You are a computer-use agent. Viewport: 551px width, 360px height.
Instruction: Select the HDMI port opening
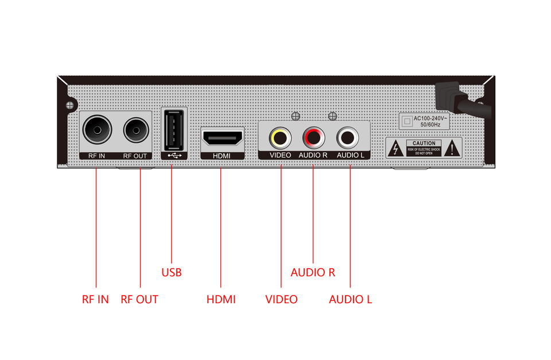click(222, 138)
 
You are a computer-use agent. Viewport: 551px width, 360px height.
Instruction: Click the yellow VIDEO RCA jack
click(280, 138)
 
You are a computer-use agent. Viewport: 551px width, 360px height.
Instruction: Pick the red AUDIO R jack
click(313, 138)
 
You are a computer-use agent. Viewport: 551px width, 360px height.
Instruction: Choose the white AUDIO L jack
click(347, 138)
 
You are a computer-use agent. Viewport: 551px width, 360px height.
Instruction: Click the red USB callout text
click(171, 272)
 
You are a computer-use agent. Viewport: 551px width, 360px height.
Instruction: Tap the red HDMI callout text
click(221, 299)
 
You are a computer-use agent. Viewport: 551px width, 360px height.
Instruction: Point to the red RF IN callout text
click(95, 299)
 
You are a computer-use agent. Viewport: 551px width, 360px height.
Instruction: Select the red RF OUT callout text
click(139, 299)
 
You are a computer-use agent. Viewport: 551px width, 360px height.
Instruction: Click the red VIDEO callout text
click(281, 299)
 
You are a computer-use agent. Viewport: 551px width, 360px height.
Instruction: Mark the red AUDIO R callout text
click(313, 272)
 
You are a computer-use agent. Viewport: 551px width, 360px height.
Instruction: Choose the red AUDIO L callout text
click(350, 299)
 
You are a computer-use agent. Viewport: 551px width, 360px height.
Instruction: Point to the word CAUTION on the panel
click(424, 143)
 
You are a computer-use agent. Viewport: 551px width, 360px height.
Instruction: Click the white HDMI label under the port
click(222, 156)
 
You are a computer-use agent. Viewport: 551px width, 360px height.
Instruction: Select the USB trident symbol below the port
click(173, 154)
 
